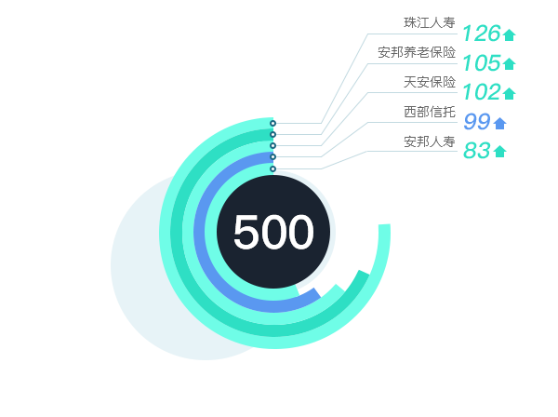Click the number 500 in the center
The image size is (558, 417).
click(273, 232)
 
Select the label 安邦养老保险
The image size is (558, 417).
click(417, 52)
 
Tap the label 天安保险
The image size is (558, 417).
click(430, 82)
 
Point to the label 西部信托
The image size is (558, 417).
click(430, 112)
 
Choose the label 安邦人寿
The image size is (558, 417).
click(430, 141)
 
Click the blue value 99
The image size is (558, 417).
click(476, 122)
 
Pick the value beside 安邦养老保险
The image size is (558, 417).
click(482, 63)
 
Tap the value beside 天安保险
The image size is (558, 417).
click(482, 92)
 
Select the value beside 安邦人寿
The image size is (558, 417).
click(476, 151)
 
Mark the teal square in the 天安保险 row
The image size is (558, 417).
click(509, 92)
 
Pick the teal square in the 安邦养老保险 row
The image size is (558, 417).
click(509, 63)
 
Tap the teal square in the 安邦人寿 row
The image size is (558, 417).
click(499, 151)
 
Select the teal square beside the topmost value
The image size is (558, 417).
click(509, 35)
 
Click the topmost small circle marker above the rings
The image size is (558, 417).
click(273, 123)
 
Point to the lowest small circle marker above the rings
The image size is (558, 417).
click(273, 168)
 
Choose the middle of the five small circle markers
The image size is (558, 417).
click(273, 145)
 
